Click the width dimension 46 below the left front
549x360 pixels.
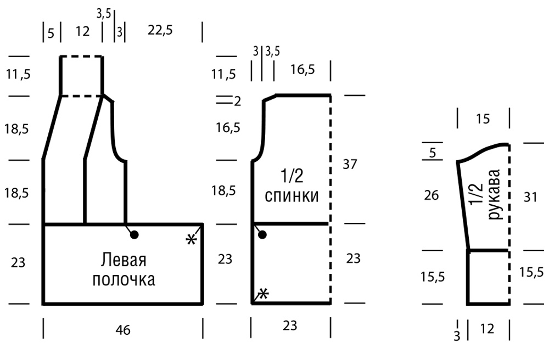pos(123,330)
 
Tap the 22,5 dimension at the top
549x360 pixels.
pos(160,30)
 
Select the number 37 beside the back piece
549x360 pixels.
pos(349,164)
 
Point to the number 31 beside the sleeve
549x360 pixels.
pos(530,198)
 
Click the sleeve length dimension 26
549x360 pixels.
pos(431,195)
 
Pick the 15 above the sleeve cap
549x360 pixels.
pos(483,119)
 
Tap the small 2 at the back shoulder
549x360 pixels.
pos(237,102)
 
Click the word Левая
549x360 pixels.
pos(124,260)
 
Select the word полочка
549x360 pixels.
pos(124,279)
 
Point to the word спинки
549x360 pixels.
pos(292,196)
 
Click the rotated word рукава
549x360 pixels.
pos(494,194)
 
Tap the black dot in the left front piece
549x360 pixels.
pos(134,235)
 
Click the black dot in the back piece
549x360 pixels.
pos(262,234)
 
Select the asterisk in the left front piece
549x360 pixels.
pos(191,240)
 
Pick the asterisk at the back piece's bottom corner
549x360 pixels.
pos(264,294)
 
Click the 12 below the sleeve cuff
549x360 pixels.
pos(487,329)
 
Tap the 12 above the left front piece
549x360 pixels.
pos(83,31)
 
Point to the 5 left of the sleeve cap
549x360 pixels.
pos(433,153)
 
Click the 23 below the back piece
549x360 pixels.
pos(290,326)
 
